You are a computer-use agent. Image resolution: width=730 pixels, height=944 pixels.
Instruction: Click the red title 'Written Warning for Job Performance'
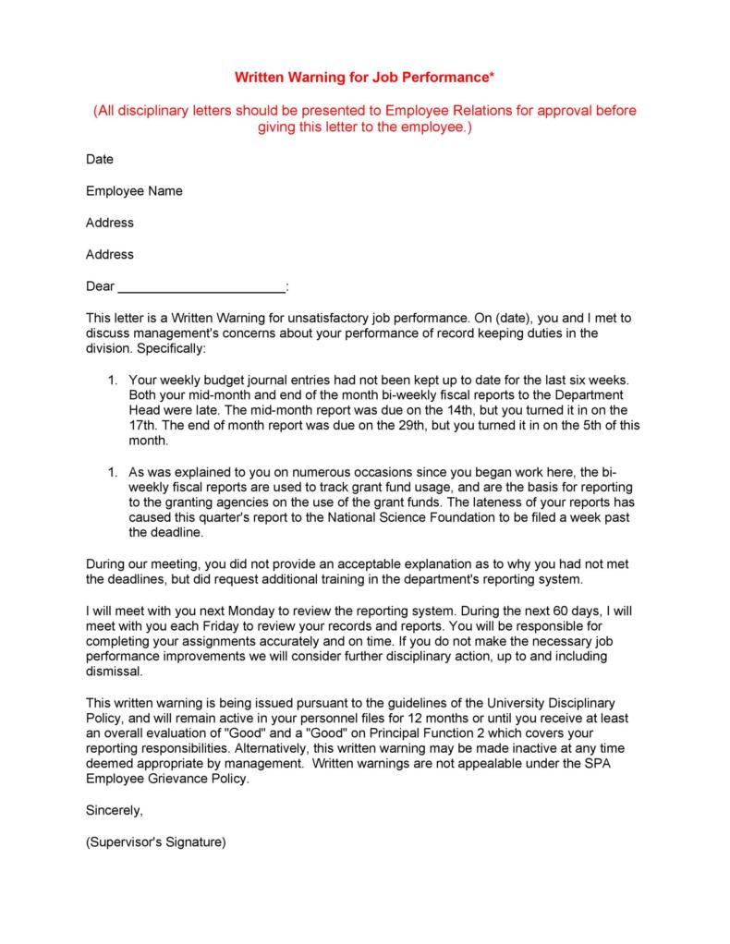pos(364,78)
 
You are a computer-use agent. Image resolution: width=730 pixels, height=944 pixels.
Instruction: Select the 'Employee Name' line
pos(134,191)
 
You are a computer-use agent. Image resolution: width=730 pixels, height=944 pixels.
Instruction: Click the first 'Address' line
pos(109,223)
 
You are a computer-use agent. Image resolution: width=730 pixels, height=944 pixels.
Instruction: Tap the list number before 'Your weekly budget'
pos(112,381)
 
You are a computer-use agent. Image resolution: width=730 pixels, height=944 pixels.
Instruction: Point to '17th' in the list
pos(143,427)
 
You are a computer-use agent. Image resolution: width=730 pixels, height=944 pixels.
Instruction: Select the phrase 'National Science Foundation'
pos(409,517)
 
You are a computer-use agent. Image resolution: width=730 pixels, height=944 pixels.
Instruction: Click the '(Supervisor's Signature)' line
pos(155,842)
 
